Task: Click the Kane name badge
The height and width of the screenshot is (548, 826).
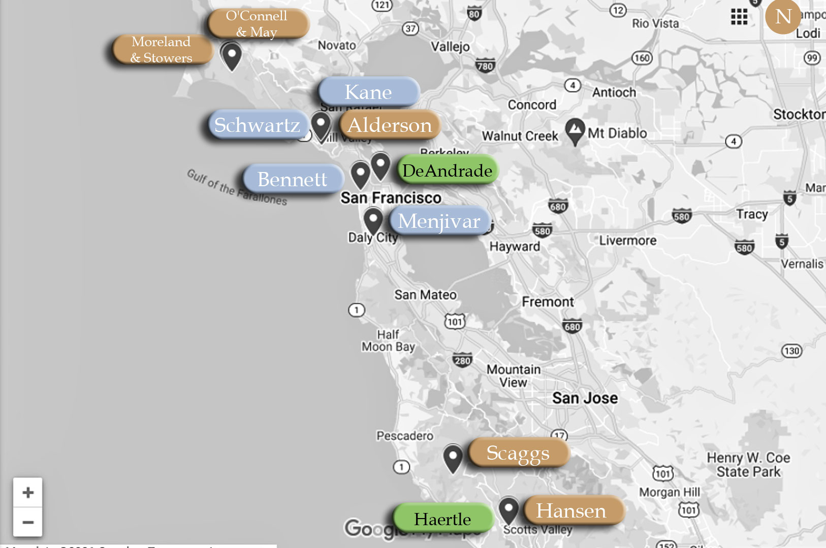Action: click(369, 92)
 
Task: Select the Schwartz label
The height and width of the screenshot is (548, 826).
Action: click(258, 125)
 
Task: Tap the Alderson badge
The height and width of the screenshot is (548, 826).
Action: click(390, 125)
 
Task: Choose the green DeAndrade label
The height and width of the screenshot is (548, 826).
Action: click(447, 170)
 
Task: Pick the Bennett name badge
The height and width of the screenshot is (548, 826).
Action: click(293, 179)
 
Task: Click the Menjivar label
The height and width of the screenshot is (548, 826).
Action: click(439, 221)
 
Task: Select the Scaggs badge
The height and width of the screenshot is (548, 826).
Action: click(518, 453)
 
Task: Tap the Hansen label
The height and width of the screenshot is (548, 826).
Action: click(572, 510)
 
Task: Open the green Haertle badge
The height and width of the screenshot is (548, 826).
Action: click(442, 519)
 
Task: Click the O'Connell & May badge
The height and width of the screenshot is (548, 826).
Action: click(257, 23)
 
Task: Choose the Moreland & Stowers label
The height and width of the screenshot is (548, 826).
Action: click(162, 49)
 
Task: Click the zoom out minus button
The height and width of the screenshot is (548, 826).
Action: click(28, 522)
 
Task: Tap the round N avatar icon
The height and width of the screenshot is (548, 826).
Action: click(783, 17)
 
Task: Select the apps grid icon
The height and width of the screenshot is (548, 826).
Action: click(739, 17)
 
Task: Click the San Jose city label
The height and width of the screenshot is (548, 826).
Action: click(585, 398)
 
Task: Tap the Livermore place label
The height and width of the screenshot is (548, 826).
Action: click(628, 241)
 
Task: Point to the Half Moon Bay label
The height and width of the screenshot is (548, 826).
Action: click(389, 340)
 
